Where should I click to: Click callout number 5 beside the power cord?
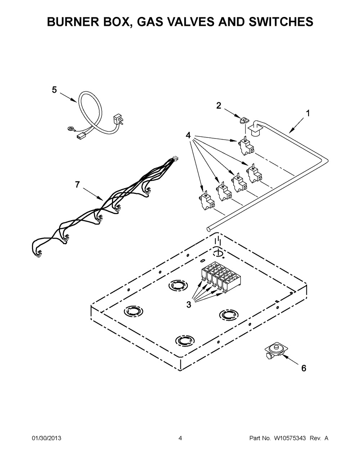pyautogui.click(x=54, y=90)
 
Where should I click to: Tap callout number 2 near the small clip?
pyautogui.click(x=219, y=105)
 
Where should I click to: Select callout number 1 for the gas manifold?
pyautogui.click(x=308, y=113)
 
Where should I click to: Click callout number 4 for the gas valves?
pyautogui.click(x=188, y=135)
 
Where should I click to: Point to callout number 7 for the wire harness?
pyautogui.click(x=77, y=185)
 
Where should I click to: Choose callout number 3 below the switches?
pyautogui.click(x=189, y=304)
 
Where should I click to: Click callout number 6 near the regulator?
pyautogui.click(x=304, y=368)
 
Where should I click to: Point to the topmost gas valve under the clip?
pyautogui.click(x=246, y=146)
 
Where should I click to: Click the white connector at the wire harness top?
pyautogui.click(x=176, y=159)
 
